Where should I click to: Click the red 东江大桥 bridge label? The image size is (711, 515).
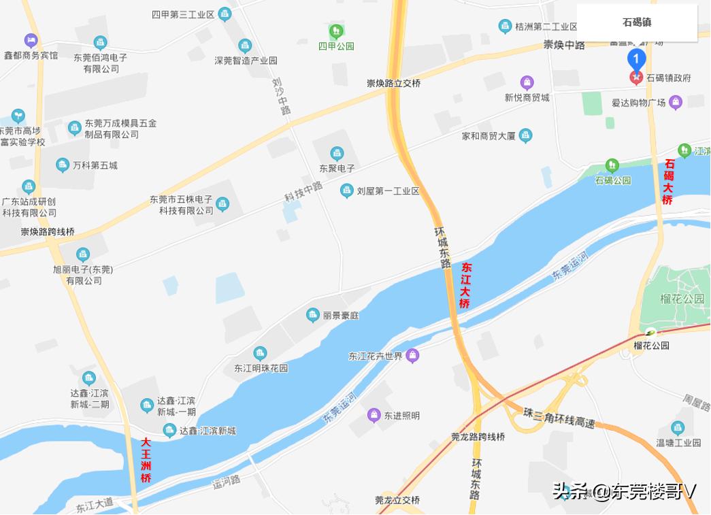[x=465, y=286]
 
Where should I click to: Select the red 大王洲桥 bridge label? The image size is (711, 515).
[x=146, y=460]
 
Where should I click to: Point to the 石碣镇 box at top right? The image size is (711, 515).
[x=637, y=22]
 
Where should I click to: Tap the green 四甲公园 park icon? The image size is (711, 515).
[x=335, y=31]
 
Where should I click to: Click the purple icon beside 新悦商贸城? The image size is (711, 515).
[x=527, y=83]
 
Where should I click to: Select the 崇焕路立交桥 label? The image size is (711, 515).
[x=394, y=83]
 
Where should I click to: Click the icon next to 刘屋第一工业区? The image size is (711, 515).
[x=347, y=191]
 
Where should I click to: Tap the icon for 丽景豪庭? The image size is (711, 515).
[x=312, y=314]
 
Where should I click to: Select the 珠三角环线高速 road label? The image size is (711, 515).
[x=559, y=417]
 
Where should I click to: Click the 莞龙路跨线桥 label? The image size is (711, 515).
[x=478, y=437]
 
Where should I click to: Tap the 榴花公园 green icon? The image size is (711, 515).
[x=651, y=333]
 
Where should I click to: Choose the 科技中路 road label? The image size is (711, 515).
[x=303, y=194]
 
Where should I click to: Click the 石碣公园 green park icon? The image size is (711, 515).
[x=612, y=166]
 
